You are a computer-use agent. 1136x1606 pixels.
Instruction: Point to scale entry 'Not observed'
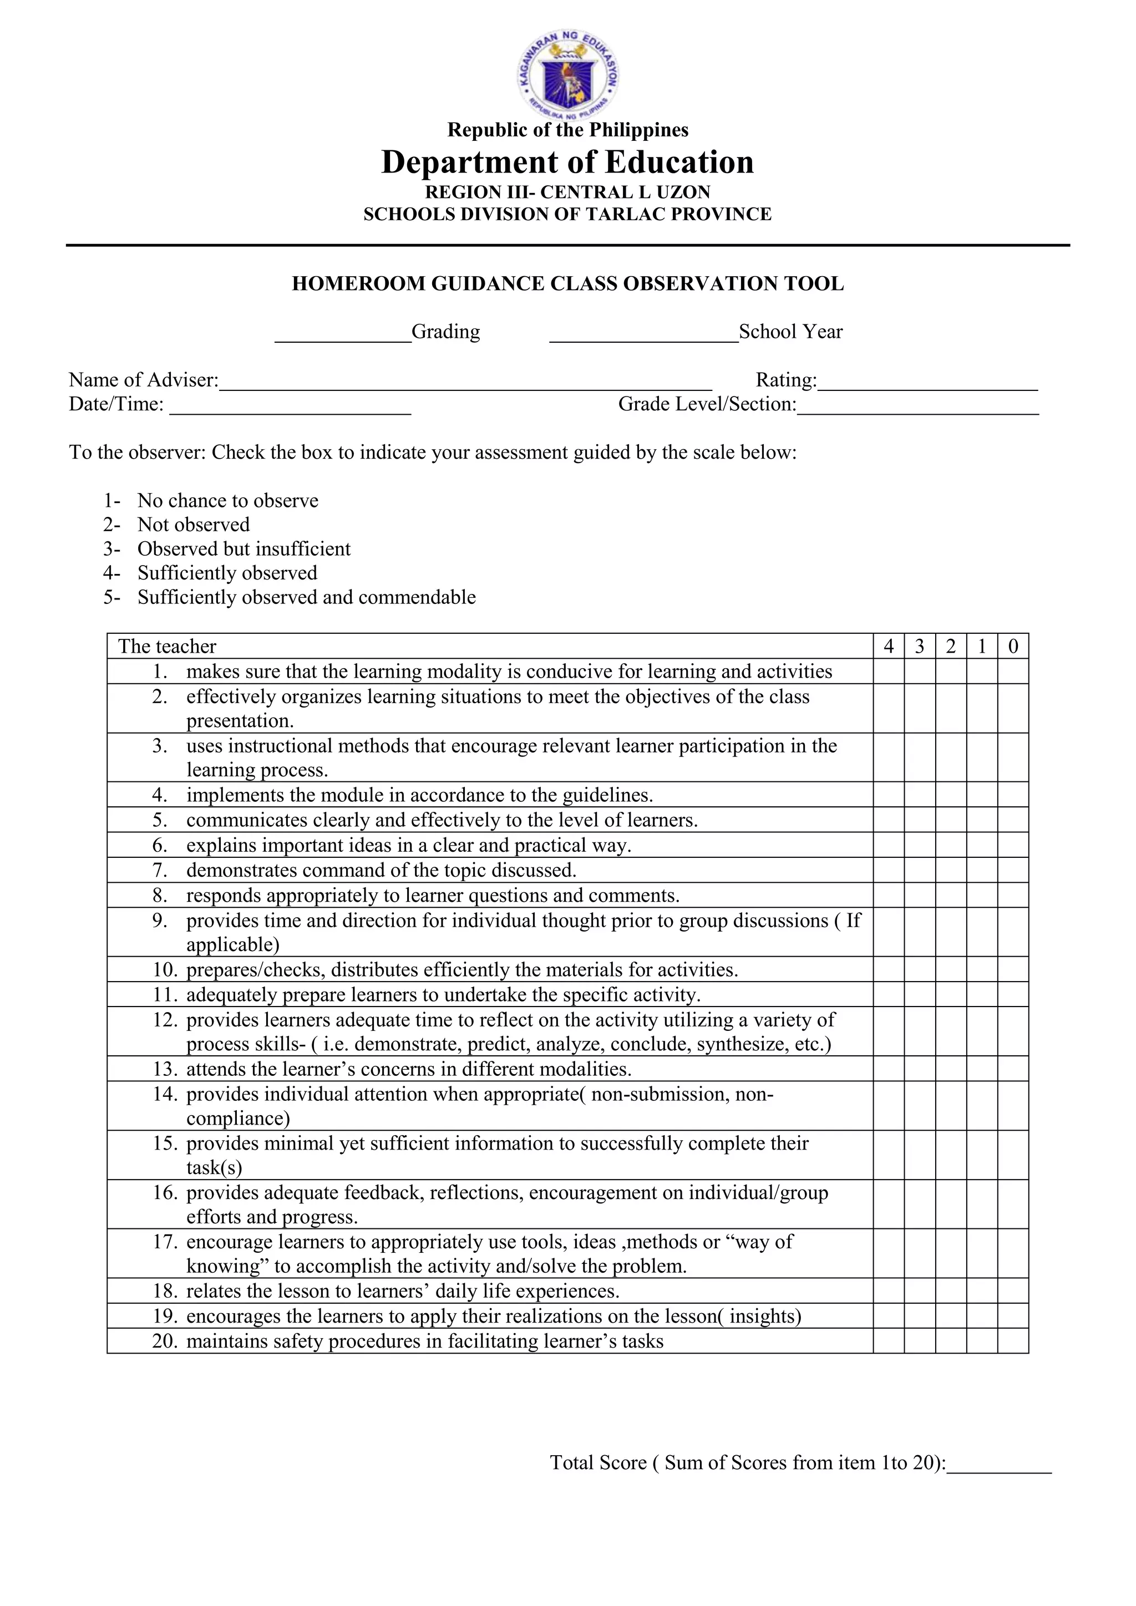pos(193,525)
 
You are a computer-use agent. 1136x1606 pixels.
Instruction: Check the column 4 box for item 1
pos(889,672)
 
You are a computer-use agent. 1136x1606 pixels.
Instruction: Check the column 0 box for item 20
pos(1013,1341)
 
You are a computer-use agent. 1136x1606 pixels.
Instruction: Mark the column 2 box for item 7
pos(951,870)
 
